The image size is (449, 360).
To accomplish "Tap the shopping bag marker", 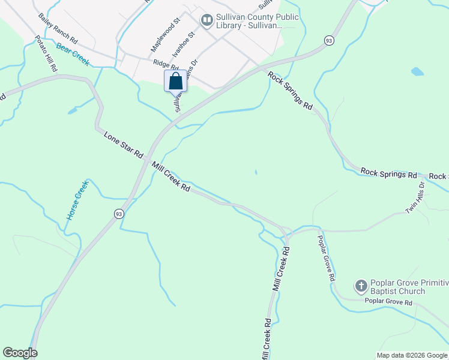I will (175, 81).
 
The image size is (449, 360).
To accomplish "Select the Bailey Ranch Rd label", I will (58, 29).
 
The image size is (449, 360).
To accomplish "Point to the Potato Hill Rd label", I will (46, 54).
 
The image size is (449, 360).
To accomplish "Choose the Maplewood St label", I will (165, 34).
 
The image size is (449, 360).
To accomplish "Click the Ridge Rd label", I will (166, 65).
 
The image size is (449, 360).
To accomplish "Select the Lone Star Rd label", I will (123, 145).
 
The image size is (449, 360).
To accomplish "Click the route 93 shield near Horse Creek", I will (119, 214).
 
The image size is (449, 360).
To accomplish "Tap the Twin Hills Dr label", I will (415, 198).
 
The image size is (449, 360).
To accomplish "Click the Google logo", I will (20, 353).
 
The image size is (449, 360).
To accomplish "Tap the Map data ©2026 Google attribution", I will (412, 355).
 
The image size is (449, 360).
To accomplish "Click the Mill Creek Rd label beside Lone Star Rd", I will (171, 177).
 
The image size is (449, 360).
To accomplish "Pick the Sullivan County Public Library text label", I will (258, 22).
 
